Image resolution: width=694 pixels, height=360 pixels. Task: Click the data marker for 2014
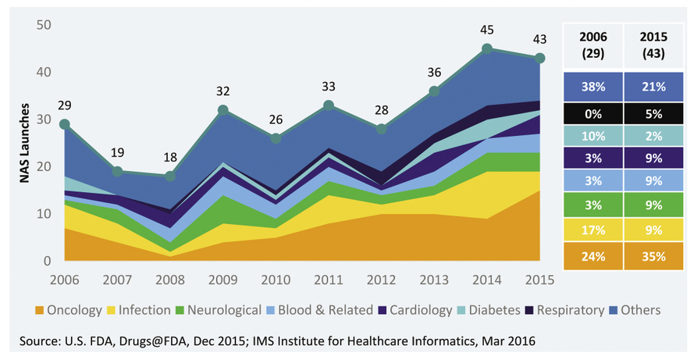(x=487, y=48)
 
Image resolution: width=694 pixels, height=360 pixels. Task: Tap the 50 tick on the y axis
(x=42, y=26)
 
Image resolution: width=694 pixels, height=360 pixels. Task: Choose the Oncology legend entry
(x=69, y=310)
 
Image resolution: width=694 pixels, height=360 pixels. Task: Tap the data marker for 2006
(x=65, y=124)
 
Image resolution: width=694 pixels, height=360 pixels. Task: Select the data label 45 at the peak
(x=487, y=31)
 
